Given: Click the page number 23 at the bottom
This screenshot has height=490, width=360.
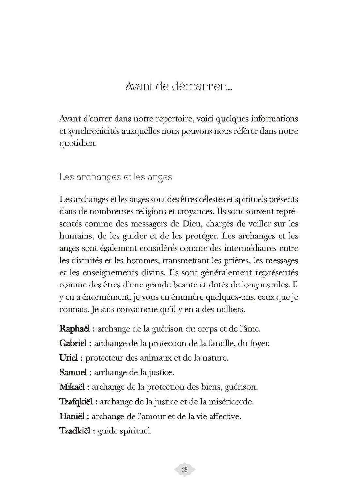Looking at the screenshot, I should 184,470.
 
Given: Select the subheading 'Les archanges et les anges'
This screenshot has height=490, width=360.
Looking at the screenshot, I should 116,177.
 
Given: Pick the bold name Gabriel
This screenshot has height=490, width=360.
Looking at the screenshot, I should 73,343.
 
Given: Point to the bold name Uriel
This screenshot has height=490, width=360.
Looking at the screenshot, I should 69,358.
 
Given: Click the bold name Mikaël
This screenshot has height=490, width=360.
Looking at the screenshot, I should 72,387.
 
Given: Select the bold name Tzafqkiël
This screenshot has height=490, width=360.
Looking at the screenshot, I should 76,401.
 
